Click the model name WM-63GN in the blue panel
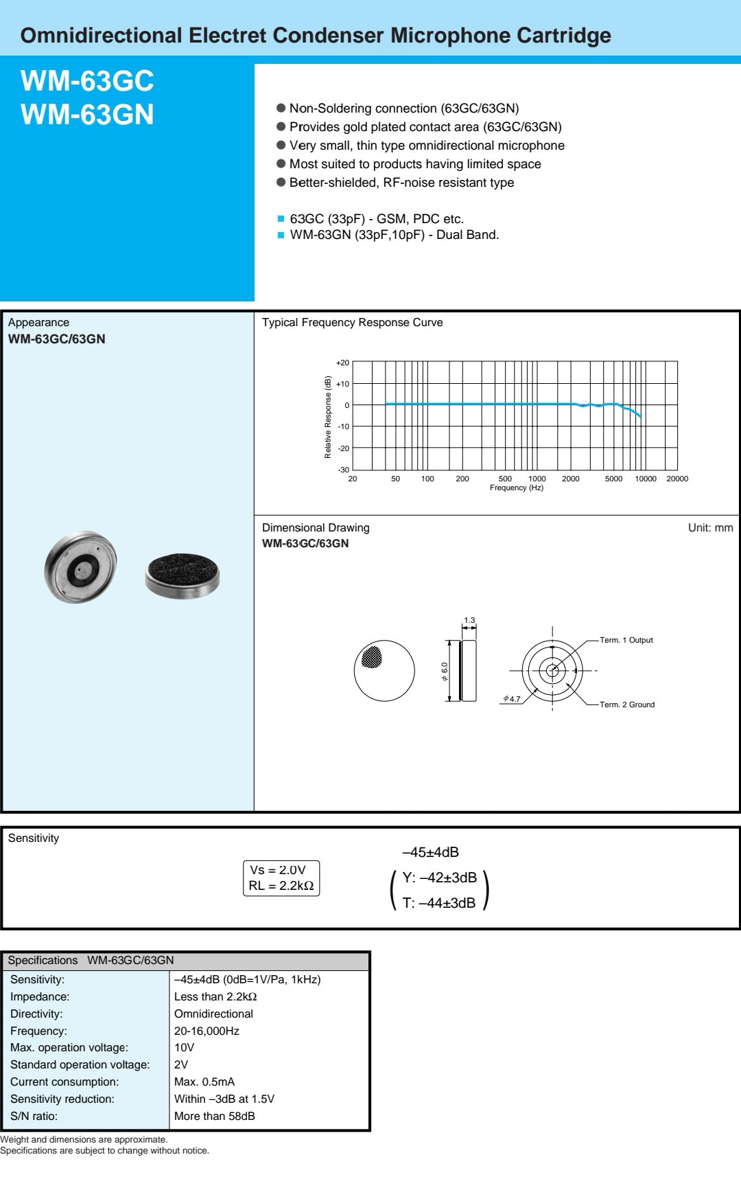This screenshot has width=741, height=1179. point(87,114)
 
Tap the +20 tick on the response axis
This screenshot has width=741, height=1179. point(342,363)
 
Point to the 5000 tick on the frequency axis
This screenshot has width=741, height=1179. point(613,479)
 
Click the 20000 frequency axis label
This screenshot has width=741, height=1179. point(677,479)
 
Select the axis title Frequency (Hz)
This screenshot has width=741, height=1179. point(516,488)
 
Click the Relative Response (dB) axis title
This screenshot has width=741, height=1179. point(328,417)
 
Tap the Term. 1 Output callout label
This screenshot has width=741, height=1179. point(626,640)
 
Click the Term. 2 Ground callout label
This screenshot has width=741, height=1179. point(626,705)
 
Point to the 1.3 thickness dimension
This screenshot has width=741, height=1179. point(469,620)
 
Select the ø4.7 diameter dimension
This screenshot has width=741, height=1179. point(512,699)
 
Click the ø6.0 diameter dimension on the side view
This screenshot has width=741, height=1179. point(445,671)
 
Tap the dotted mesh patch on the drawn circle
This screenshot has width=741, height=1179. point(371,657)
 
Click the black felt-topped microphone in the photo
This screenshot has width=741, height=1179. point(183,573)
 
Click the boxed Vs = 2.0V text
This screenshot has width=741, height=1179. point(278,870)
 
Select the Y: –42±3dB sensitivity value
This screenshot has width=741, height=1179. point(439,878)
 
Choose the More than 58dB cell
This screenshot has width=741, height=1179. point(214,1116)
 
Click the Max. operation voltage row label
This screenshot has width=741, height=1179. point(69,1047)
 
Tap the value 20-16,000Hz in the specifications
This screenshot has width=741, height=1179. point(207,1031)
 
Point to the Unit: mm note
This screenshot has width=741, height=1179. point(710,527)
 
